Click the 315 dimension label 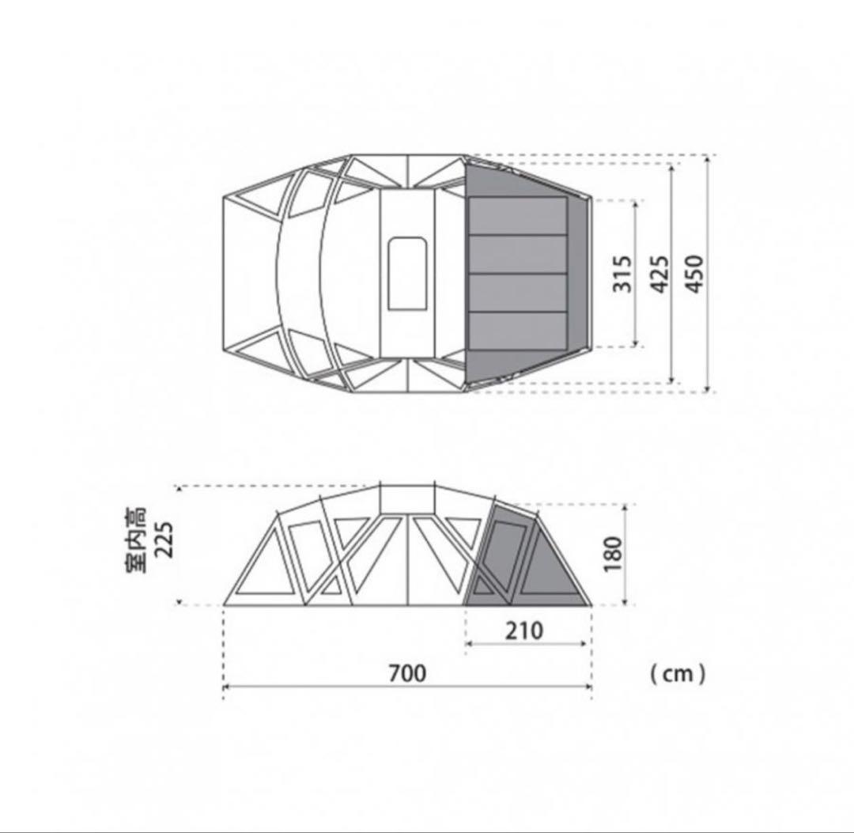tap(622, 274)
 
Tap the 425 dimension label tap(660, 274)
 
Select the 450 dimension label tap(694, 274)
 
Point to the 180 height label tap(613, 554)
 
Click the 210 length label tap(524, 630)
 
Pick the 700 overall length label tap(407, 673)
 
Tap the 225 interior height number tap(164, 540)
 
